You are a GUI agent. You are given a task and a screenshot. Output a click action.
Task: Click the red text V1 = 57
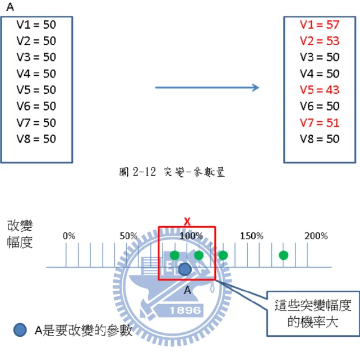(x=320, y=25)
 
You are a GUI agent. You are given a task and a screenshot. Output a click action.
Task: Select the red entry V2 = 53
(x=320, y=41)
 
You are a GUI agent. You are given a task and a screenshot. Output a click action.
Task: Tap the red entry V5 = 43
(x=320, y=90)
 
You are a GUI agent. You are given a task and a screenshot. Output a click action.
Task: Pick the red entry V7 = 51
(x=320, y=122)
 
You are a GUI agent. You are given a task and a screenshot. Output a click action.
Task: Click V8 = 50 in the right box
(x=320, y=139)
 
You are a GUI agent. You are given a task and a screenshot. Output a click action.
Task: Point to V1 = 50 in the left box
(x=36, y=25)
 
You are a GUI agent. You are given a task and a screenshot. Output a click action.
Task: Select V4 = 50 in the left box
(x=36, y=74)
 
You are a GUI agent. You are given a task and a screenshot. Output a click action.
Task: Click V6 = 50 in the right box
(x=320, y=106)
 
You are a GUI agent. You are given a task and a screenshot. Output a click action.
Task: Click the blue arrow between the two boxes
(x=207, y=88)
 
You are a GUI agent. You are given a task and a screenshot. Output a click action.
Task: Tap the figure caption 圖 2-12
(x=137, y=172)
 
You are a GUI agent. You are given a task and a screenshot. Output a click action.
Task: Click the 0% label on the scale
(x=69, y=236)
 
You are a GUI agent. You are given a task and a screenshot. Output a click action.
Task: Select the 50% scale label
(x=128, y=236)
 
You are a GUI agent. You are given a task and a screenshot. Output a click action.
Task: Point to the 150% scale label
(x=252, y=236)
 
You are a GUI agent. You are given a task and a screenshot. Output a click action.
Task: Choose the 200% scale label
(x=316, y=236)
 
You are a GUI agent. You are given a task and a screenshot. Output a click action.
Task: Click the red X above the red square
(x=187, y=222)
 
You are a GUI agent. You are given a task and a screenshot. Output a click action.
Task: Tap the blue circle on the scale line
(x=185, y=269)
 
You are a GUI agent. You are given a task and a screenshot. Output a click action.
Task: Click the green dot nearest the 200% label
(x=283, y=255)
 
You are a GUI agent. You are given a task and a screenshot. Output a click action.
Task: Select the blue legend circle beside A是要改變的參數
(x=20, y=329)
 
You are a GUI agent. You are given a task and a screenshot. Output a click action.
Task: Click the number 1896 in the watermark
(x=185, y=310)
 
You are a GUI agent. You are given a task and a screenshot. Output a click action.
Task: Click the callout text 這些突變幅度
(x=313, y=305)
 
